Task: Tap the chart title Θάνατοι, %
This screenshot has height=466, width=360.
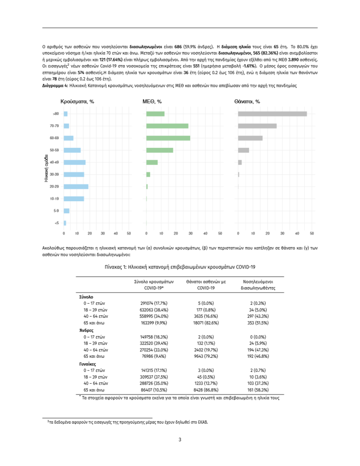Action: point(247,101)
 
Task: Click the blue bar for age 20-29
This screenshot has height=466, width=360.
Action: point(76,187)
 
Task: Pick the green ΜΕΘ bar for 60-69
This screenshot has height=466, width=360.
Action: point(168,138)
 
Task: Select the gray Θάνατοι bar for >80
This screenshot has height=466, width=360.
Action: point(272,114)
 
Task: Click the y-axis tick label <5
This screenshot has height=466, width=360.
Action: point(56,223)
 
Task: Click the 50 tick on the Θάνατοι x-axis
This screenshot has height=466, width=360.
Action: point(311,233)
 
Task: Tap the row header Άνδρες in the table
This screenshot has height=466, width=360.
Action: point(86,329)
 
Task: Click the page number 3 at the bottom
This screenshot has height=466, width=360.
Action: point(180,440)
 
